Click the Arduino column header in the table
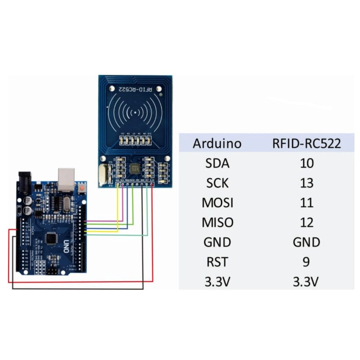217,143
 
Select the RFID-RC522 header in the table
306,143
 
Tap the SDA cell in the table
217,163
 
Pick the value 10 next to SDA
306,163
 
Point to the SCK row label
217,183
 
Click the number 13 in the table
306,183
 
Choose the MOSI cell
217,203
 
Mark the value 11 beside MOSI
306,203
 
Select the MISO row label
217,222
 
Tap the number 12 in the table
306,222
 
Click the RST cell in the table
217,262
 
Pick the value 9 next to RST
306,262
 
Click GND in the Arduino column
217,242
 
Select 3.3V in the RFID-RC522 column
306,282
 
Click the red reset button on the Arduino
81,187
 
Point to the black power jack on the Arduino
25,180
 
